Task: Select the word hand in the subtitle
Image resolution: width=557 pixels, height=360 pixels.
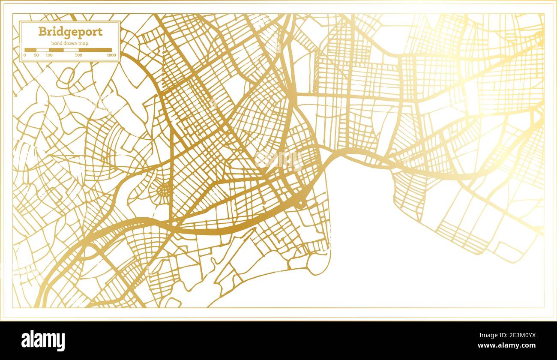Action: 57,43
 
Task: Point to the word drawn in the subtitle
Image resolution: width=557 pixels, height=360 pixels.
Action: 70,43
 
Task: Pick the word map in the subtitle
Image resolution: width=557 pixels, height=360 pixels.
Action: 83,43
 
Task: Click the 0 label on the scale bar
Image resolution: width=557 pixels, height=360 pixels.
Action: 25,55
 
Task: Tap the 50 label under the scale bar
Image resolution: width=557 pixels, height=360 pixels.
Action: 36,55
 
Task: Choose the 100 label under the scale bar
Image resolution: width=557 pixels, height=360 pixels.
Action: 49,55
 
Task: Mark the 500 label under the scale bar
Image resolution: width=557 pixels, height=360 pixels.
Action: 78,55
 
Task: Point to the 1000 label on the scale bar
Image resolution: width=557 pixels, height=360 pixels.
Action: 111,55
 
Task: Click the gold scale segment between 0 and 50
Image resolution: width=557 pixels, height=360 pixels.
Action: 30,50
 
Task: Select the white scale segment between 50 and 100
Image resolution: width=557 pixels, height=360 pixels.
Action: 42,50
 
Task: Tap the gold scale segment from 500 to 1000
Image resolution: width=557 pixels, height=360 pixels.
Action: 95,50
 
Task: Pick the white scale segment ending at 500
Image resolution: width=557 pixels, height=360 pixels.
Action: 71,50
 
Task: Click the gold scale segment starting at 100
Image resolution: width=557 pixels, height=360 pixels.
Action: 56,50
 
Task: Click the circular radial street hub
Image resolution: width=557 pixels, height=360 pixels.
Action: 163,189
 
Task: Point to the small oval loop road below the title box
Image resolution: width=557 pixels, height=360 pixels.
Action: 65,77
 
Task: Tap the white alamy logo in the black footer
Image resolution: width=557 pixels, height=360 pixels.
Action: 43,340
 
